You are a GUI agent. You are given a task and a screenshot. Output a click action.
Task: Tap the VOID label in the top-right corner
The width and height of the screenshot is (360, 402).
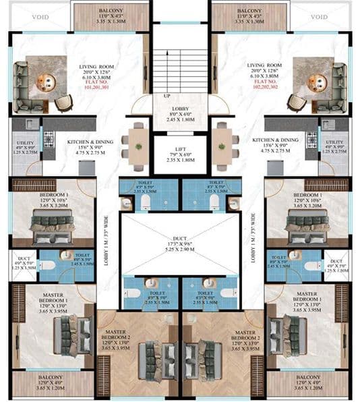click(x=320, y=17)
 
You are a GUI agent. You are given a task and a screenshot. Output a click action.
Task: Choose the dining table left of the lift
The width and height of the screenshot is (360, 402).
click(x=137, y=144)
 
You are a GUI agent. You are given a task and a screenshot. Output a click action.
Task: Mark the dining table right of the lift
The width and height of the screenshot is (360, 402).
click(x=223, y=144)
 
